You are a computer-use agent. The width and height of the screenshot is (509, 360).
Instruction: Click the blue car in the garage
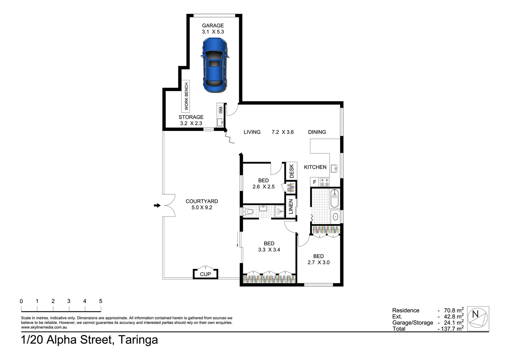coord(215,65)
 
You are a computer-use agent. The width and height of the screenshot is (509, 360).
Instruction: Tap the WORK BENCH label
coord(186,96)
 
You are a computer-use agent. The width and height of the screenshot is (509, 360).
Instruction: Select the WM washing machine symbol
coord(221,110)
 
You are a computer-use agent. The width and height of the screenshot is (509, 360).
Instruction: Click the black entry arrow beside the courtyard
coord(157,206)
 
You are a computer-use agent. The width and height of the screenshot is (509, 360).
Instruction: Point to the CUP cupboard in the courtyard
coord(206,274)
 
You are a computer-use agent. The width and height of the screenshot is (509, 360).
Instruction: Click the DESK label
coord(292,171)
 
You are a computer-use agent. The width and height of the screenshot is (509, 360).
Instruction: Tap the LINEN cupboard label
coord(291,207)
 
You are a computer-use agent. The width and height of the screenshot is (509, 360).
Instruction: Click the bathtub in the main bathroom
coord(335,199)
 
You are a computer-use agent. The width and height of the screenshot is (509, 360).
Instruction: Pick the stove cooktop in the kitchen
coord(324,182)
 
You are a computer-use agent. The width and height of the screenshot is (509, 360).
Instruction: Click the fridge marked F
coord(315,182)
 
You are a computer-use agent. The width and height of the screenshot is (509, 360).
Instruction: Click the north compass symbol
coord(478,318)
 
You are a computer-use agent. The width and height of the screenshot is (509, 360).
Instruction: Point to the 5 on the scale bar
coord(101,301)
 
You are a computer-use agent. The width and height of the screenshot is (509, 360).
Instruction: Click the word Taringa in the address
coord(138,340)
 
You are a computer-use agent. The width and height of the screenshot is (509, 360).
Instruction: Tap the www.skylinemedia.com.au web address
coord(44,327)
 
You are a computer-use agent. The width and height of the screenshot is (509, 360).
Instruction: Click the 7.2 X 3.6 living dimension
coord(283,132)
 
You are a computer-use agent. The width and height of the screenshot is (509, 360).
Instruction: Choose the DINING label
coord(317,132)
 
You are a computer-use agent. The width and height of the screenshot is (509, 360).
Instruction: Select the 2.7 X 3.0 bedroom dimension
coord(318,262)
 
